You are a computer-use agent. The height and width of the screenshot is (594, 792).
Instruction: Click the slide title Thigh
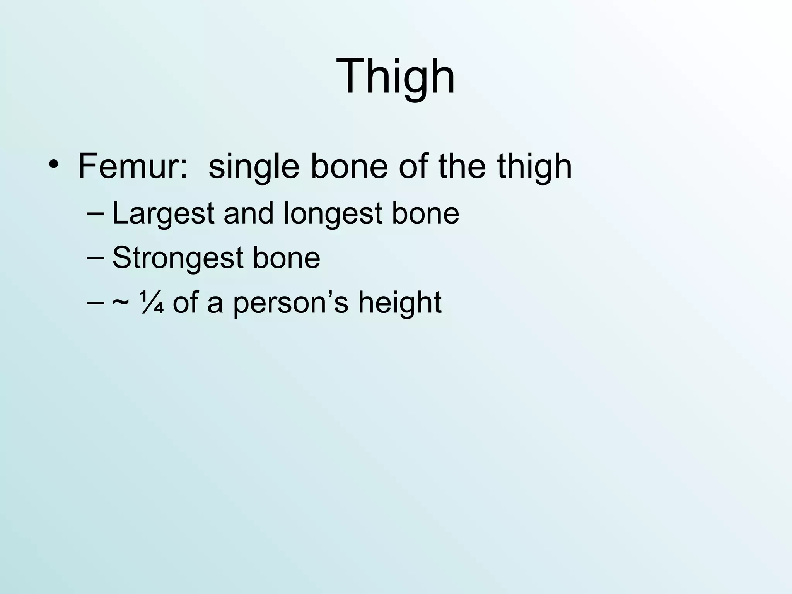tap(396, 76)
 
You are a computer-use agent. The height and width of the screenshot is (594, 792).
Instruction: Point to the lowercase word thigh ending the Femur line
tap(534, 167)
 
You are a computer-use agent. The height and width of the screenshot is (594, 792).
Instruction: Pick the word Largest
tap(163, 214)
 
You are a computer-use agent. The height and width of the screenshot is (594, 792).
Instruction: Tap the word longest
tap(333, 214)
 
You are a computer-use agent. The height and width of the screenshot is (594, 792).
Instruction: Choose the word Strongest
tap(178, 258)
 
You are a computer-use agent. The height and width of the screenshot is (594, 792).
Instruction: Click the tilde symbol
tap(121, 302)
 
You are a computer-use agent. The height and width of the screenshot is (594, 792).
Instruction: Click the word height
tap(399, 302)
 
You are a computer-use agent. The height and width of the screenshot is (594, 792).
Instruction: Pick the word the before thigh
tap(462, 166)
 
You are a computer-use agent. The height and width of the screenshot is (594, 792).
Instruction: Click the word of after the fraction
tap(185, 302)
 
